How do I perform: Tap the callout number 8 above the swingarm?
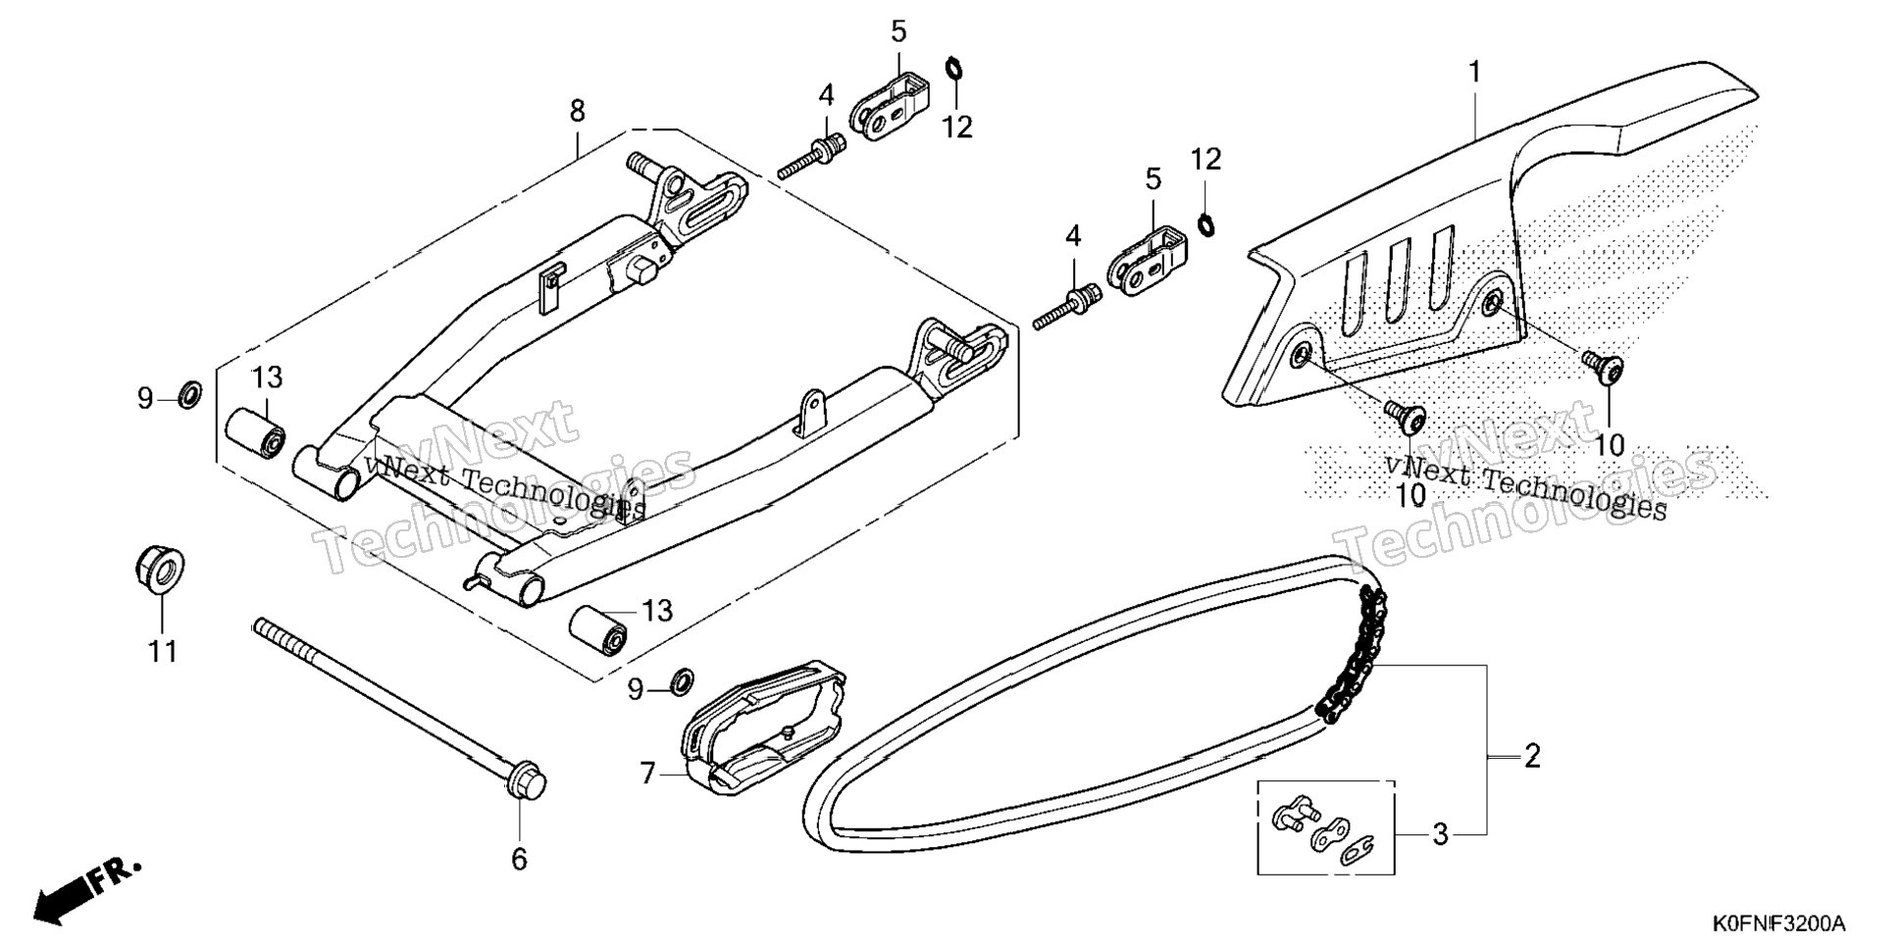coord(577,112)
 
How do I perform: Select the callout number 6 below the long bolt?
coord(519,859)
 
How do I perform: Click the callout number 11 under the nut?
coord(163,651)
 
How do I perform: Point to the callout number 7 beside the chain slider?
coord(647,774)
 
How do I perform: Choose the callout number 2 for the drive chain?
coord(1531,756)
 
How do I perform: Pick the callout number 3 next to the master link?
coord(1440,834)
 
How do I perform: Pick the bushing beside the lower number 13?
coord(599,630)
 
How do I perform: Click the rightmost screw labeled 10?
coord(1603,367)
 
